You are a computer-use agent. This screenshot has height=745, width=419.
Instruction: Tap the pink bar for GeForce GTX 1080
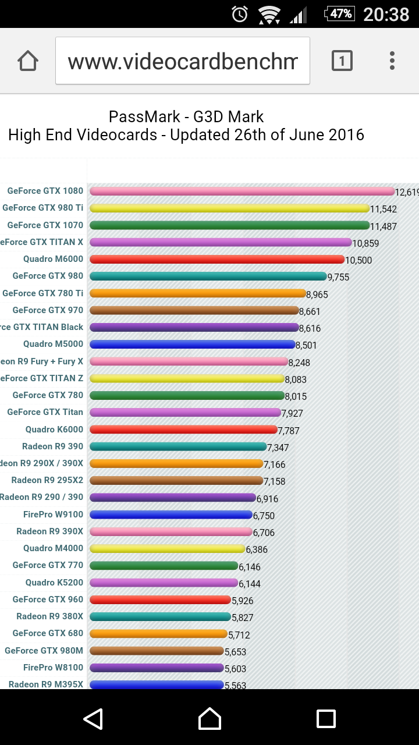(242, 191)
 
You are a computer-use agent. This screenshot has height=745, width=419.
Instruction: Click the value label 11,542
(384, 209)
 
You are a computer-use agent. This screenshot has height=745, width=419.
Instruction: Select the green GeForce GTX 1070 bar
(230, 225)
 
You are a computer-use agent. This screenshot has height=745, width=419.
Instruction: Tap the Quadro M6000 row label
(54, 259)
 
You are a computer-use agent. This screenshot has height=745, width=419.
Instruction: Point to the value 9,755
(339, 278)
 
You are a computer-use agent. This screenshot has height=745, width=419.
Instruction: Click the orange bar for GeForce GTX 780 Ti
(198, 293)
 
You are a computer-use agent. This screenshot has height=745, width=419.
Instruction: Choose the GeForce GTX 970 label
(48, 310)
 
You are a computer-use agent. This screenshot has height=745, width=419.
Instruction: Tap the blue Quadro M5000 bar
(193, 345)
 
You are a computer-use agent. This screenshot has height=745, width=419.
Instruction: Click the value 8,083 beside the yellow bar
(296, 379)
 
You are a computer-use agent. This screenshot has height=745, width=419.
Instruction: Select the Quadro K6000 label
(54, 430)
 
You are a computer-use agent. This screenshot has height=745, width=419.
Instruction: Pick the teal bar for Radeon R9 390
(178, 446)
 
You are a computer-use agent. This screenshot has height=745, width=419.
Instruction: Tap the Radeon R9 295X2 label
(47, 480)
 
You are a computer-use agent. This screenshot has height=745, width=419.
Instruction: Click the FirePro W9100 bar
(171, 515)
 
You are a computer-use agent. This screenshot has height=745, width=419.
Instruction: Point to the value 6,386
(257, 549)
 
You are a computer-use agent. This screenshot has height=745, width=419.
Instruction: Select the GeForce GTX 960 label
(48, 599)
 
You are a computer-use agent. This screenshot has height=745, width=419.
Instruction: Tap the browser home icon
(28, 61)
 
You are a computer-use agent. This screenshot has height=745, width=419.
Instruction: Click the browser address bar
(183, 61)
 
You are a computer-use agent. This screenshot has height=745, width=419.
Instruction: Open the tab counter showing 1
(342, 61)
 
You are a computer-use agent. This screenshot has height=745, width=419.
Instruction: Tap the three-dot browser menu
(392, 61)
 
